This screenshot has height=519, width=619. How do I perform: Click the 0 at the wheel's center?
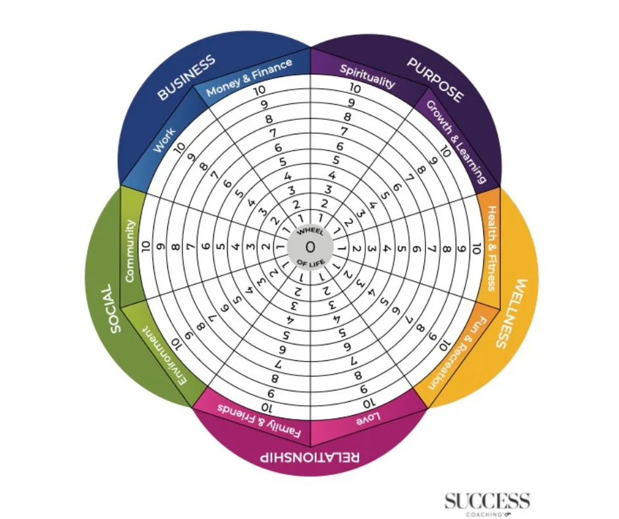click(x=309, y=248)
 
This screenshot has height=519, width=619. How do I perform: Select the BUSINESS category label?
click(x=186, y=78)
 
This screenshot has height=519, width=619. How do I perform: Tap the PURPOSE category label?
click(x=435, y=80)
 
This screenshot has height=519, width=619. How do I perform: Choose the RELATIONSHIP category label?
click(x=309, y=457)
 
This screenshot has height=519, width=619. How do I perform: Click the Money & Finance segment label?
click(x=248, y=78)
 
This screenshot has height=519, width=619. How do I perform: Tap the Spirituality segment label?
click(x=367, y=76)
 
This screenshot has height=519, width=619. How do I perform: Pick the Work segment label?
click(x=164, y=140)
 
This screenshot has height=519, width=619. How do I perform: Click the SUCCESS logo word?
click(x=487, y=500)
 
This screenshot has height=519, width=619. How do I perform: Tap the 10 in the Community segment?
click(x=146, y=248)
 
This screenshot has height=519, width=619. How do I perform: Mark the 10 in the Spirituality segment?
click(x=355, y=88)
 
